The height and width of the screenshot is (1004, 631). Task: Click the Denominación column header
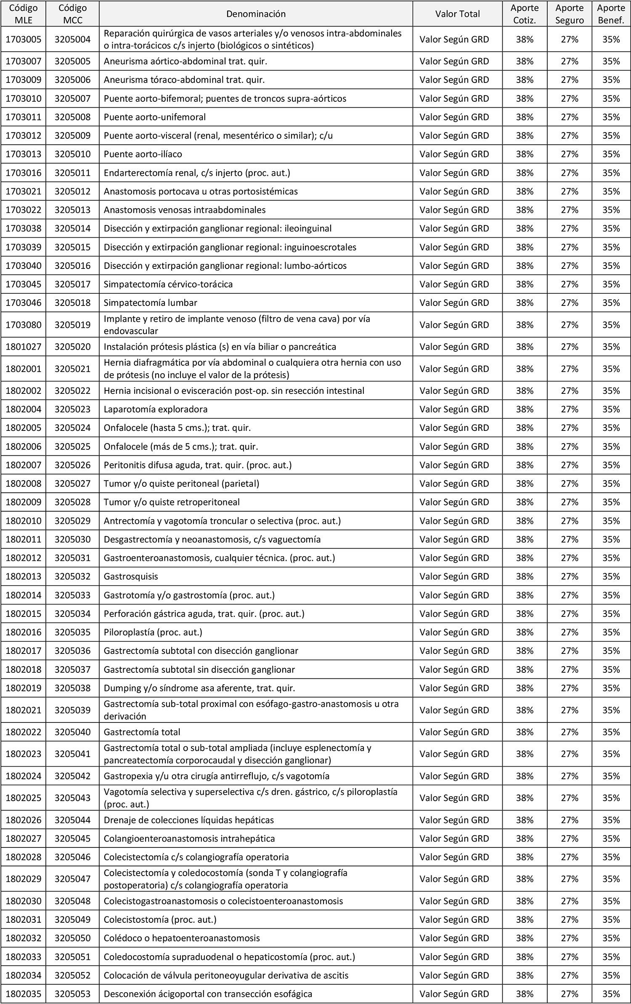click(x=256, y=14)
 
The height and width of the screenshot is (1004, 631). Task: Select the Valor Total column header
click(x=457, y=14)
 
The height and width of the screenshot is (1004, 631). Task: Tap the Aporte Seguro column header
click(x=569, y=14)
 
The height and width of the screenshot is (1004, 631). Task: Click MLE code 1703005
click(x=24, y=40)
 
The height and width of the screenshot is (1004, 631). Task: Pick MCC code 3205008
click(x=72, y=117)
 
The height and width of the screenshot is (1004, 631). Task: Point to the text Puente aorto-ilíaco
click(x=143, y=154)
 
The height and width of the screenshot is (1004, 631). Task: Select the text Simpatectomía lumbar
click(x=151, y=303)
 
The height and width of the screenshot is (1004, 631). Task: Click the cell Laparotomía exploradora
click(x=156, y=409)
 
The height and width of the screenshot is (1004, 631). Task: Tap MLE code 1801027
click(x=24, y=347)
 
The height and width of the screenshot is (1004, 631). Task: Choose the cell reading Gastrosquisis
click(x=131, y=576)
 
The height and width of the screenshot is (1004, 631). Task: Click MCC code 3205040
click(x=72, y=732)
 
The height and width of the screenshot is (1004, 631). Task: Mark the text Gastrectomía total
click(x=142, y=732)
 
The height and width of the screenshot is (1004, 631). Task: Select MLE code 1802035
click(x=24, y=994)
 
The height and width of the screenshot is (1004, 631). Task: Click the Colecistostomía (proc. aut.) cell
click(x=160, y=919)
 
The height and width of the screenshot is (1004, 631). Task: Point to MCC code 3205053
click(x=72, y=994)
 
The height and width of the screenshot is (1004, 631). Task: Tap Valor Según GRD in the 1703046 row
click(x=454, y=303)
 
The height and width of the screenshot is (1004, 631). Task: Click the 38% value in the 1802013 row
click(x=525, y=576)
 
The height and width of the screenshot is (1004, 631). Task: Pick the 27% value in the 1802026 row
click(x=570, y=820)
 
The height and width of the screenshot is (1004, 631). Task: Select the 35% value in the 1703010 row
click(x=611, y=98)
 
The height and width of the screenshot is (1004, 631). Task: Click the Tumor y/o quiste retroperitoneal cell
click(x=172, y=502)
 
